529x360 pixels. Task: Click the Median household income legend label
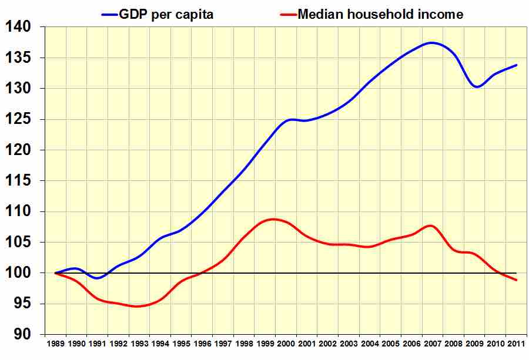click(380, 14)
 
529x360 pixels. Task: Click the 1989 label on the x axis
click(56, 343)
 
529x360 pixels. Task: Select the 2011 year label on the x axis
click(516, 343)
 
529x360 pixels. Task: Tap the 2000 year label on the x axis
click(286, 343)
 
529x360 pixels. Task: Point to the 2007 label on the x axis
click(433, 343)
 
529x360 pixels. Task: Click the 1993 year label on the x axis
click(139, 343)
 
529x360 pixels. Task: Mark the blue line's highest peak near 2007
click(432, 42)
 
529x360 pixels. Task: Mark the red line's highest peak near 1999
click(274, 219)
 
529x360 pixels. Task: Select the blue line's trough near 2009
click(477, 87)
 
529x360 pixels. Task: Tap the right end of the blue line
click(516, 65)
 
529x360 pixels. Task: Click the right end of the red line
click(516, 280)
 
